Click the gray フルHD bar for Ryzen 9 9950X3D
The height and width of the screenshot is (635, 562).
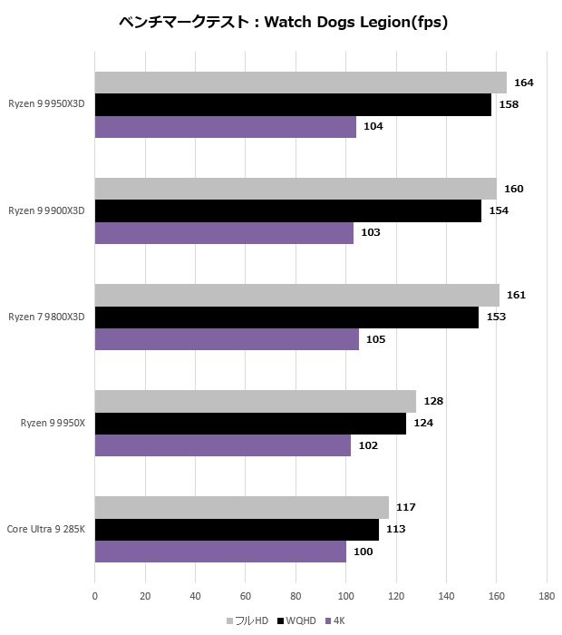pyautogui.click(x=300, y=83)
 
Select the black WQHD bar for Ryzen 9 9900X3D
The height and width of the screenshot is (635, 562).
pyautogui.click(x=287, y=211)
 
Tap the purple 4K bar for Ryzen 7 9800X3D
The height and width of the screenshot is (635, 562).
pyautogui.click(x=227, y=339)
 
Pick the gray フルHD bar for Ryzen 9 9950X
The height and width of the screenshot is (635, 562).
pyautogui.click(x=255, y=401)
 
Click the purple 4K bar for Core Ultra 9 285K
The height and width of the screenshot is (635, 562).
pyautogui.click(x=220, y=552)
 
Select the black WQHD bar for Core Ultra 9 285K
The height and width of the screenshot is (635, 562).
pyautogui.click(x=237, y=529)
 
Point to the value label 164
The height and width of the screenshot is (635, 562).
pyautogui.click(x=524, y=83)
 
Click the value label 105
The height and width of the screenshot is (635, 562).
pyautogui.click(x=375, y=339)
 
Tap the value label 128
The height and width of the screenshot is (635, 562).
pyautogui.click(x=433, y=401)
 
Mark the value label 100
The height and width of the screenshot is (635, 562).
pyautogui.click(x=363, y=552)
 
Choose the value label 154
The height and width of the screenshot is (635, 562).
pyautogui.click(x=499, y=211)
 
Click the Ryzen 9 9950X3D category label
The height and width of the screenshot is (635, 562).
pyautogui.click(x=46, y=104)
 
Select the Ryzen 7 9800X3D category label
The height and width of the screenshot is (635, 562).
pyautogui.click(x=46, y=317)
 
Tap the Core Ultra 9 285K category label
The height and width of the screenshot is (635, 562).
pyautogui.click(x=46, y=529)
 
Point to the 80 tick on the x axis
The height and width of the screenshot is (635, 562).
pyautogui.click(x=296, y=596)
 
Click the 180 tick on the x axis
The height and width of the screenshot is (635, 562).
pyautogui.click(x=547, y=596)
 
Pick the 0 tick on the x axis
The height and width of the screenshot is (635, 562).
pyautogui.click(x=95, y=596)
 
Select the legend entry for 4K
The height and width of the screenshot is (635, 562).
pyautogui.click(x=338, y=620)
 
